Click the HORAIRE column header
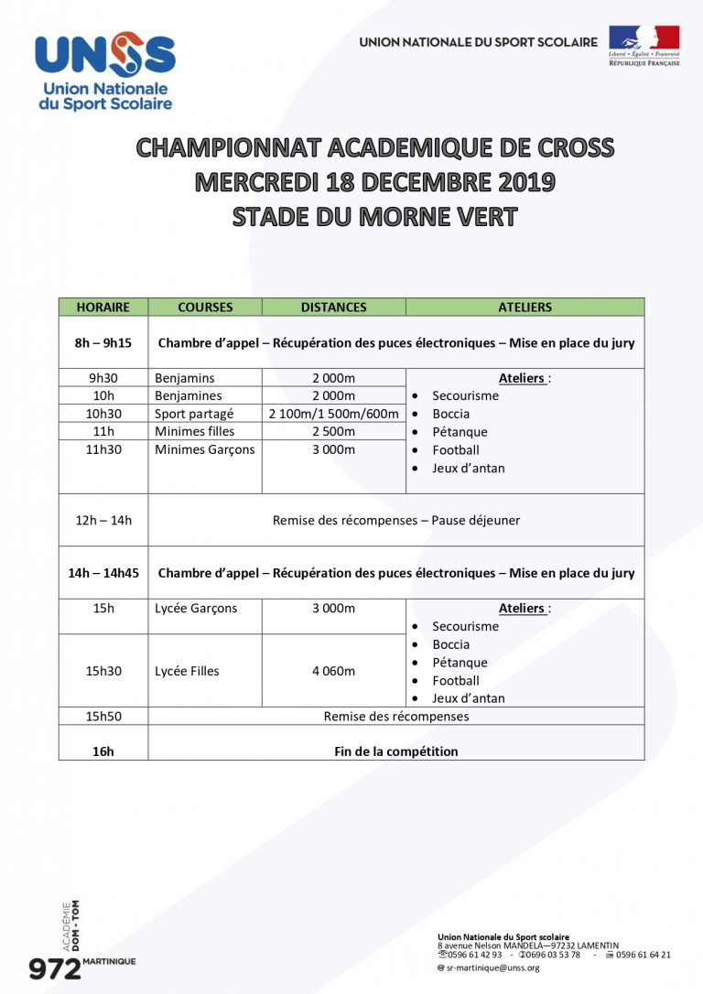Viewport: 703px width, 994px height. [103, 308]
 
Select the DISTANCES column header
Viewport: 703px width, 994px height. [333, 308]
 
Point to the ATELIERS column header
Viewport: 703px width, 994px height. [525, 308]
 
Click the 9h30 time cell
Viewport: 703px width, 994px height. [103, 378]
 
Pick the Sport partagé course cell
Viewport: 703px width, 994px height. [194, 414]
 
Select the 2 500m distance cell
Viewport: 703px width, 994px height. [333, 431]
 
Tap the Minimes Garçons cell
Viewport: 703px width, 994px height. [205, 449]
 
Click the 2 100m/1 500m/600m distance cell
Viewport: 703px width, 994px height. [333, 414]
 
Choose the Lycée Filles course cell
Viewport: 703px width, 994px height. [187, 671]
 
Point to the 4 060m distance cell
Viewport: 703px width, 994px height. [333, 671]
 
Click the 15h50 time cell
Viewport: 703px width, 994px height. [103, 716]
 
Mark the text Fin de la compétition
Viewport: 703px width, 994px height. [395, 751]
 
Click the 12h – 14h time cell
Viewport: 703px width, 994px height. [103, 520]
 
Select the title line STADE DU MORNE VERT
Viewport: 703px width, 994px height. [374, 218]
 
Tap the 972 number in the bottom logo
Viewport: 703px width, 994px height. [55, 969]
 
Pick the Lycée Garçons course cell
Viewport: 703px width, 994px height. [196, 609]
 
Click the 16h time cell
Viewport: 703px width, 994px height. [103, 751]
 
